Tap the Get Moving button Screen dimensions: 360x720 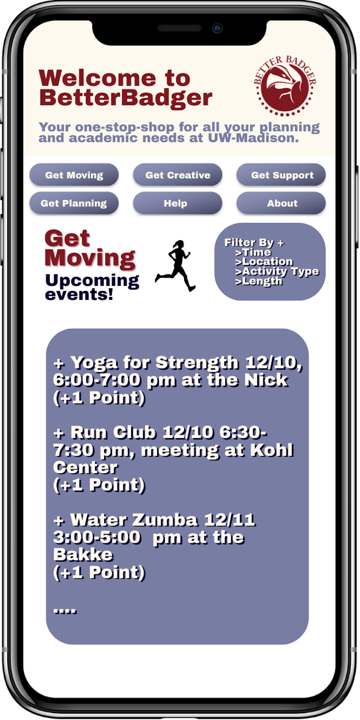74,175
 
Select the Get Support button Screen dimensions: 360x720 281,175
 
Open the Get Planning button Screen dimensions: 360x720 74,203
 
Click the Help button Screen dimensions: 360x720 177,203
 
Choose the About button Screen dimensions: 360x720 281,203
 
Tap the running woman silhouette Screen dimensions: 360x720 175,265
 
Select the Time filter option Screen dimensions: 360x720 253,252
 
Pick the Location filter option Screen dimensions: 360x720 264,262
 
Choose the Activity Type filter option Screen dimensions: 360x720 277,271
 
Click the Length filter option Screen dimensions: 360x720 259,281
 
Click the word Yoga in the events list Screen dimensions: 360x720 94,363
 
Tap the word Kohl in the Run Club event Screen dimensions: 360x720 272,450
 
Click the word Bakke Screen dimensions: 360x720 83,555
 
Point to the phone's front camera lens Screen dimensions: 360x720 217,28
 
